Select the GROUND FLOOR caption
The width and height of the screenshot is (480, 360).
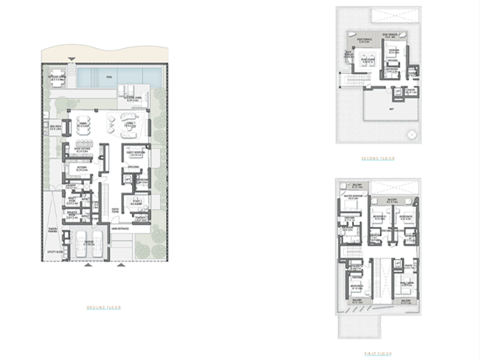(104, 307)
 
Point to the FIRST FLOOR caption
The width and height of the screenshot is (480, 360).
(378, 353)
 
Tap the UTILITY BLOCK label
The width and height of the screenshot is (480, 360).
(55, 252)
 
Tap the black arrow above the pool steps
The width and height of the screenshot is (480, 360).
(71, 59)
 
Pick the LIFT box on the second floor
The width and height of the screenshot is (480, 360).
(397, 91)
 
